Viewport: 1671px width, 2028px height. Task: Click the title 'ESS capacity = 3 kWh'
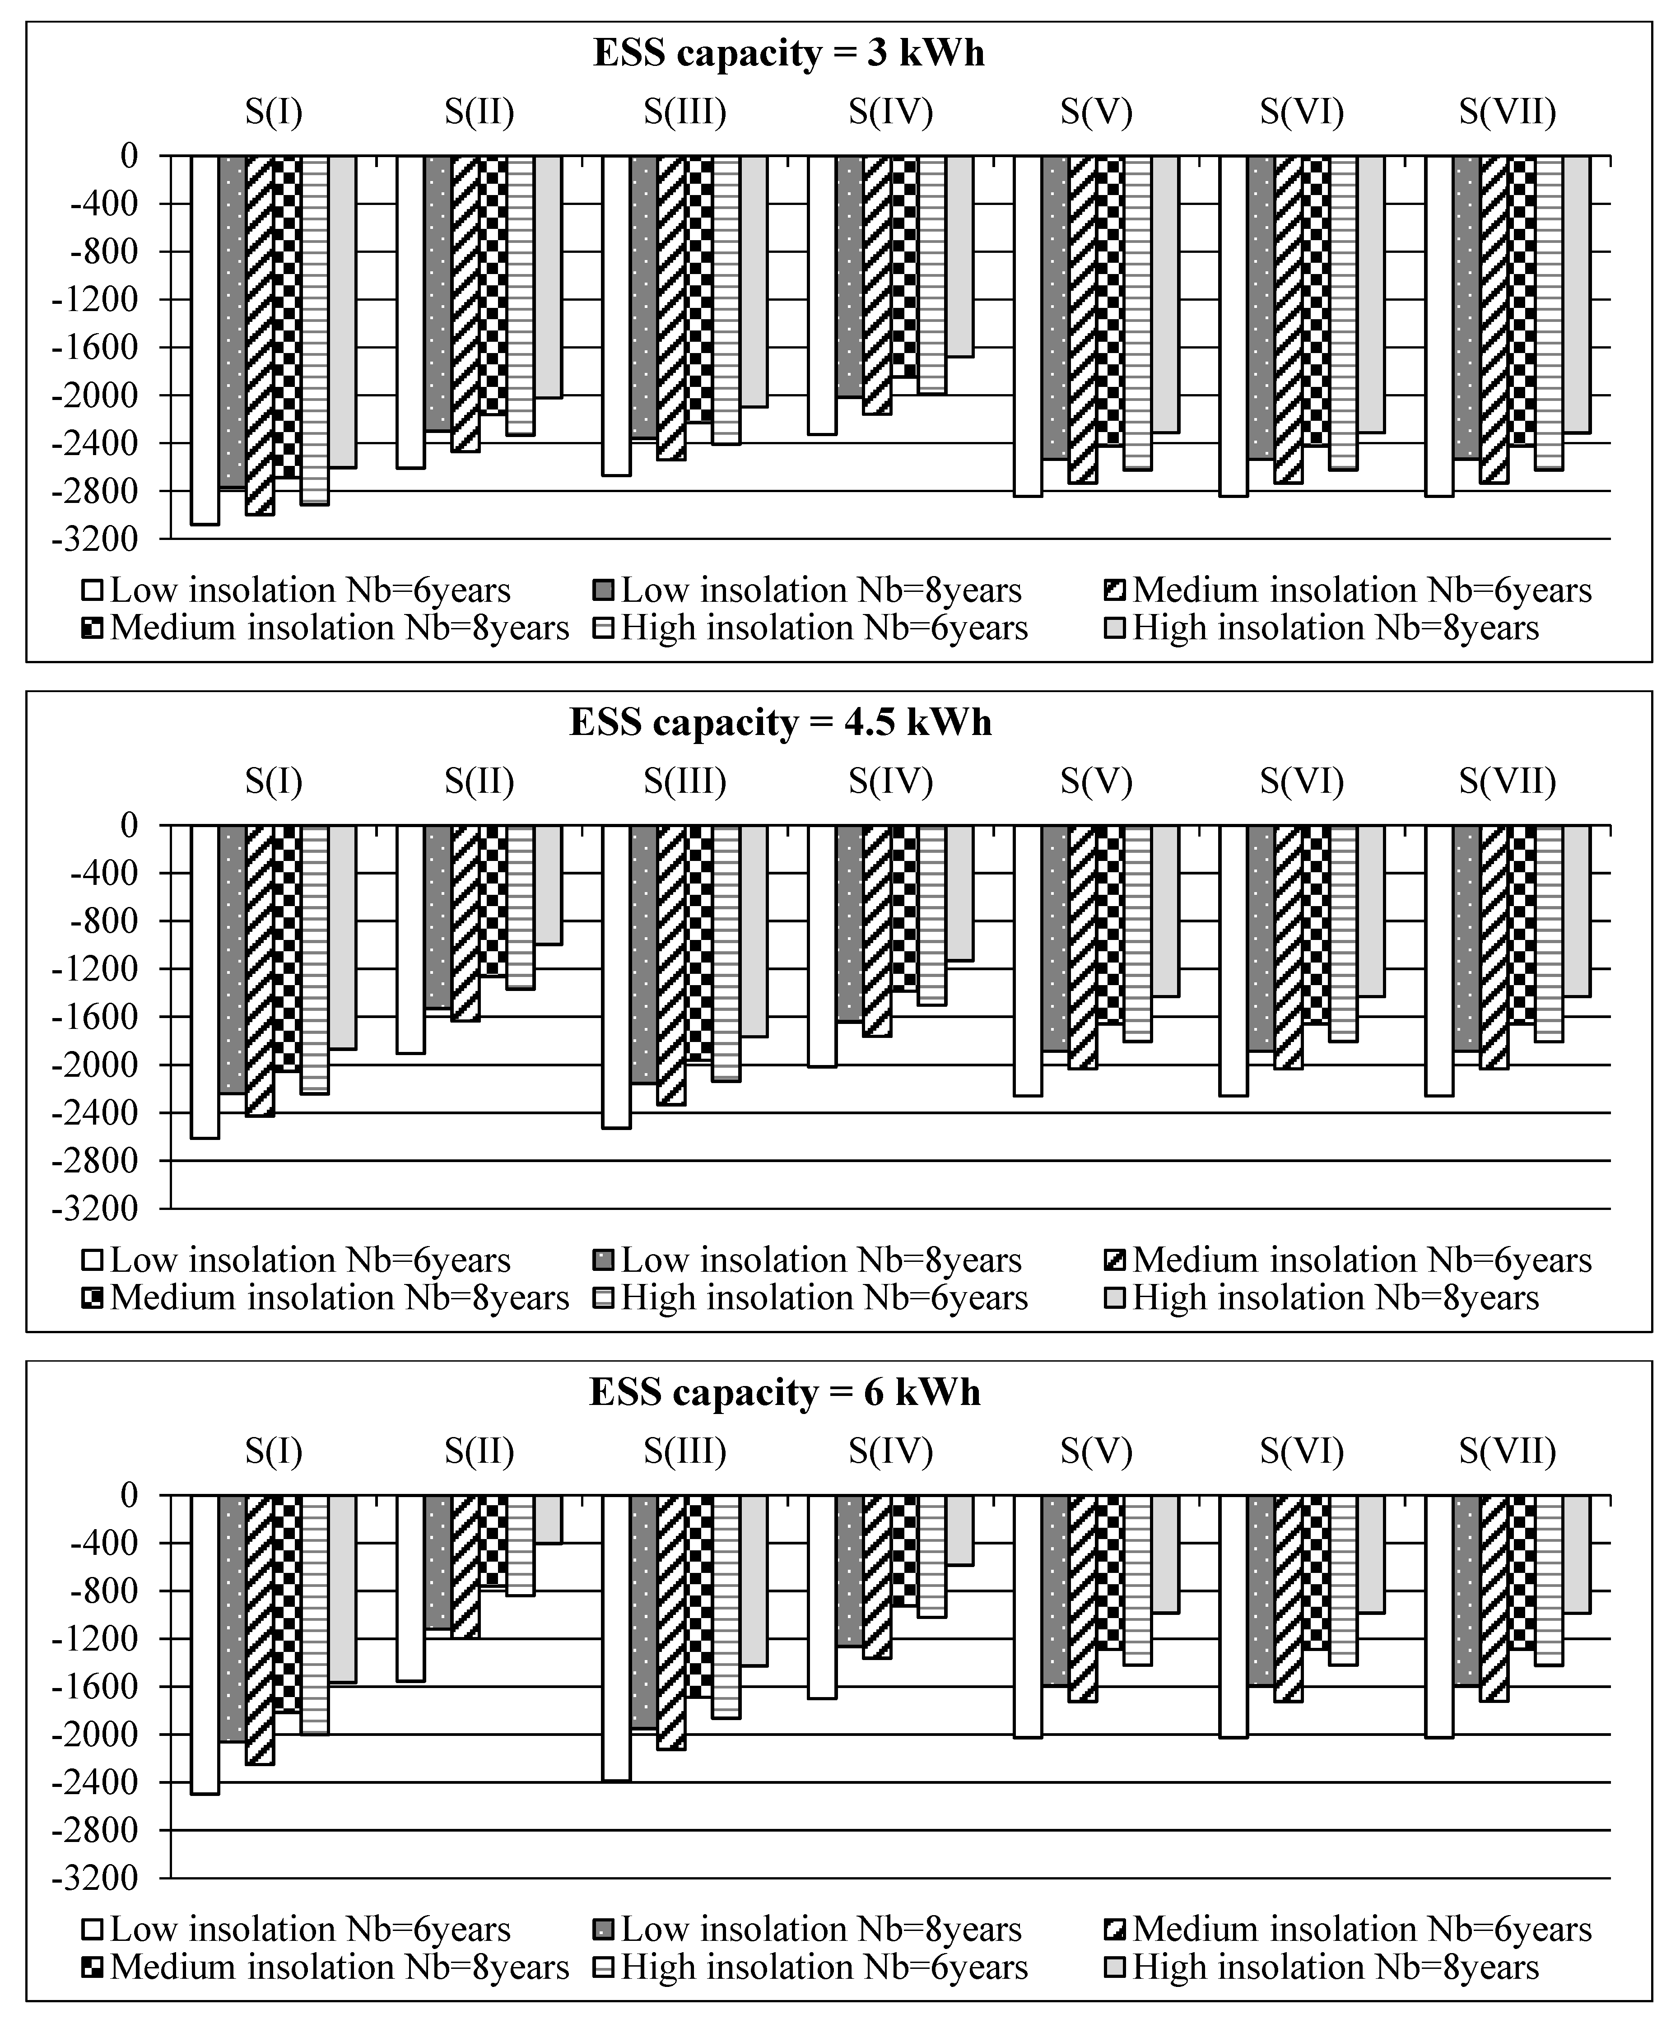click(788, 53)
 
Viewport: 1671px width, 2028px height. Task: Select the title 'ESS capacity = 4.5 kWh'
click(780, 722)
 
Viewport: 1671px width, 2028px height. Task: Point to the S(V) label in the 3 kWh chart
click(1096, 112)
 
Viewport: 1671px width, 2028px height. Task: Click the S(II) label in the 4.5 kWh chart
click(479, 781)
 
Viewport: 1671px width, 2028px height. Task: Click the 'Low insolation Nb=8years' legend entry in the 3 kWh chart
click(820, 590)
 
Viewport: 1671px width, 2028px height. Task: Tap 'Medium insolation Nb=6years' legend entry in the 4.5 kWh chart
click(1361, 1260)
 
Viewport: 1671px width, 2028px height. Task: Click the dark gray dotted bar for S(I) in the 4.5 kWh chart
click(232, 958)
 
